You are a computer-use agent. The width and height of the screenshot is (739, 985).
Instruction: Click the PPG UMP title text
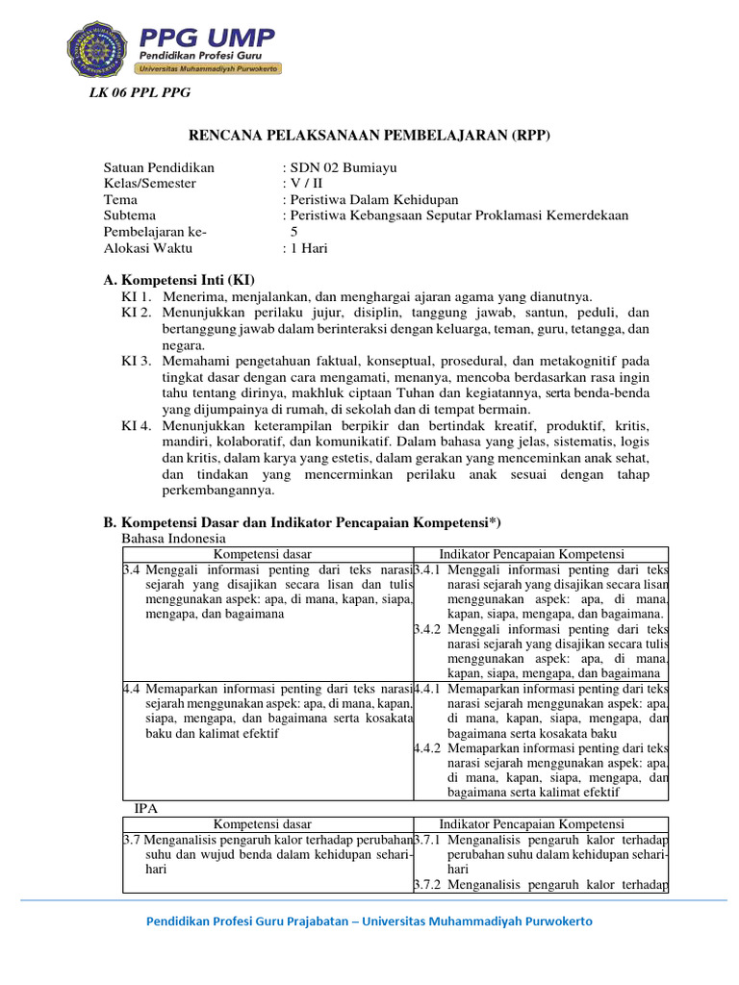coord(206,38)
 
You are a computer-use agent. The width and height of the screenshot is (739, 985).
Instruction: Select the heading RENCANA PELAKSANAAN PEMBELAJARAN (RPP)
coord(369,136)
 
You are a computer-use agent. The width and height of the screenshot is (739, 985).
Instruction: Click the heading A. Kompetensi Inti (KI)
coord(178,279)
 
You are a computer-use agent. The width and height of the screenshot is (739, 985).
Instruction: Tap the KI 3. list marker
coord(137,361)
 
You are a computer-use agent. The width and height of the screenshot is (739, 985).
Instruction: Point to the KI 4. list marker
coord(137,425)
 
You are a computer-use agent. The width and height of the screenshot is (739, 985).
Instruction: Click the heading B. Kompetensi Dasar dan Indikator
coord(302,521)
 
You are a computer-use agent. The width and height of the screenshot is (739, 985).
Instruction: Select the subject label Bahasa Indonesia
coord(173,538)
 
